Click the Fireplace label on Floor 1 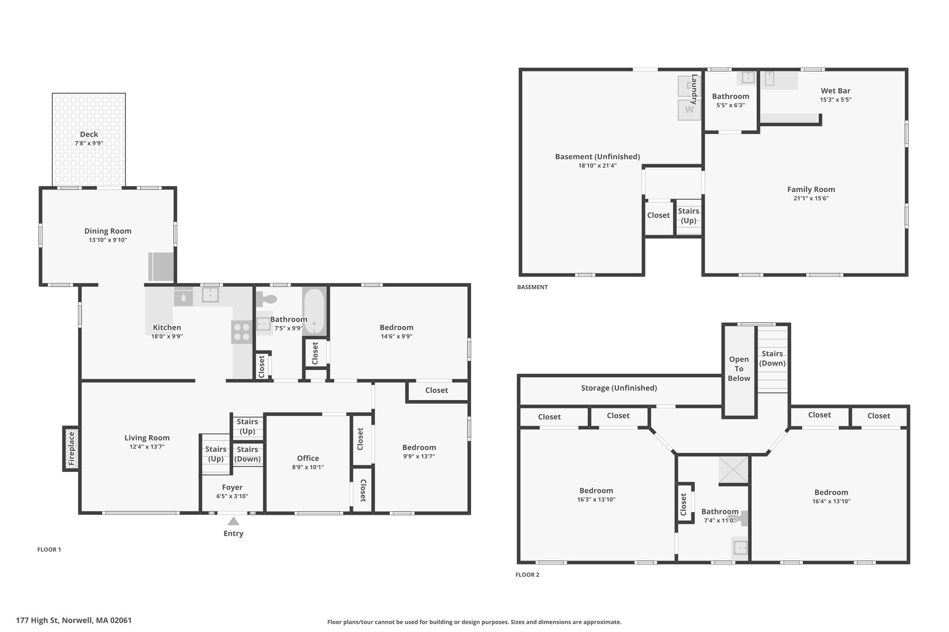(x=71, y=449)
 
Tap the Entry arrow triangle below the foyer (x=234, y=521)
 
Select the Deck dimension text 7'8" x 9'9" (x=89, y=144)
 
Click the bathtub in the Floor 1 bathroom (x=315, y=311)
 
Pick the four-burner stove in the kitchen (x=242, y=332)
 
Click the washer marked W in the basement (x=690, y=110)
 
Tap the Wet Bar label (x=835, y=91)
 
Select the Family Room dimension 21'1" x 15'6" (x=811, y=198)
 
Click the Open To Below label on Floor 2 (x=739, y=369)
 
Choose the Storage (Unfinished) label (x=619, y=388)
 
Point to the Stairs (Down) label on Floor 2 (x=772, y=358)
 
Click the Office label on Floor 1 (x=308, y=458)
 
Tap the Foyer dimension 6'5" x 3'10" (x=232, y=496)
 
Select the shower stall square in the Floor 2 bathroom (x=733, y=470)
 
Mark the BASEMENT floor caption (x=532, y=287)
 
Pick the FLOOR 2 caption (x=527, y=575)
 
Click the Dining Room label (x=108, y=231)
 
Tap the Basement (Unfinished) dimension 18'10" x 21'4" (x=597, y=165)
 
